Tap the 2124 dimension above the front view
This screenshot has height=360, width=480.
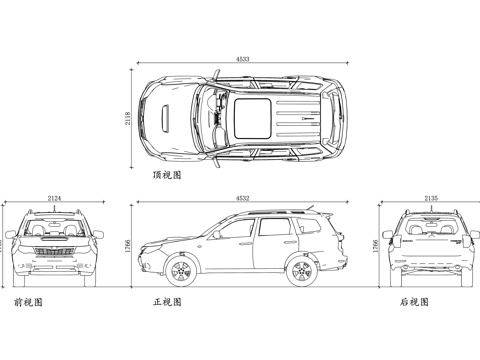click(x=54, y=199)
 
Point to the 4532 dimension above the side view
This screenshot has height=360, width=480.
click(x=243, y=199)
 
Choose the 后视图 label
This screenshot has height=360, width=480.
click(x=412, y=300)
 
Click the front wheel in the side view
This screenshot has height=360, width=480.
click(x=181, y=271)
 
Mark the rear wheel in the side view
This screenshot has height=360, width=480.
click(x=301, y=271)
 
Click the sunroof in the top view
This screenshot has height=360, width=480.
click(x=251, y=114)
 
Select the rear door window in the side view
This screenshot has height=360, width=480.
click(x=272, y=228)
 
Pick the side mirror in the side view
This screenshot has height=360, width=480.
click(x=214, y=236)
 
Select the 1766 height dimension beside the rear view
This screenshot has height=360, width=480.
click(x=376, y=246)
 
